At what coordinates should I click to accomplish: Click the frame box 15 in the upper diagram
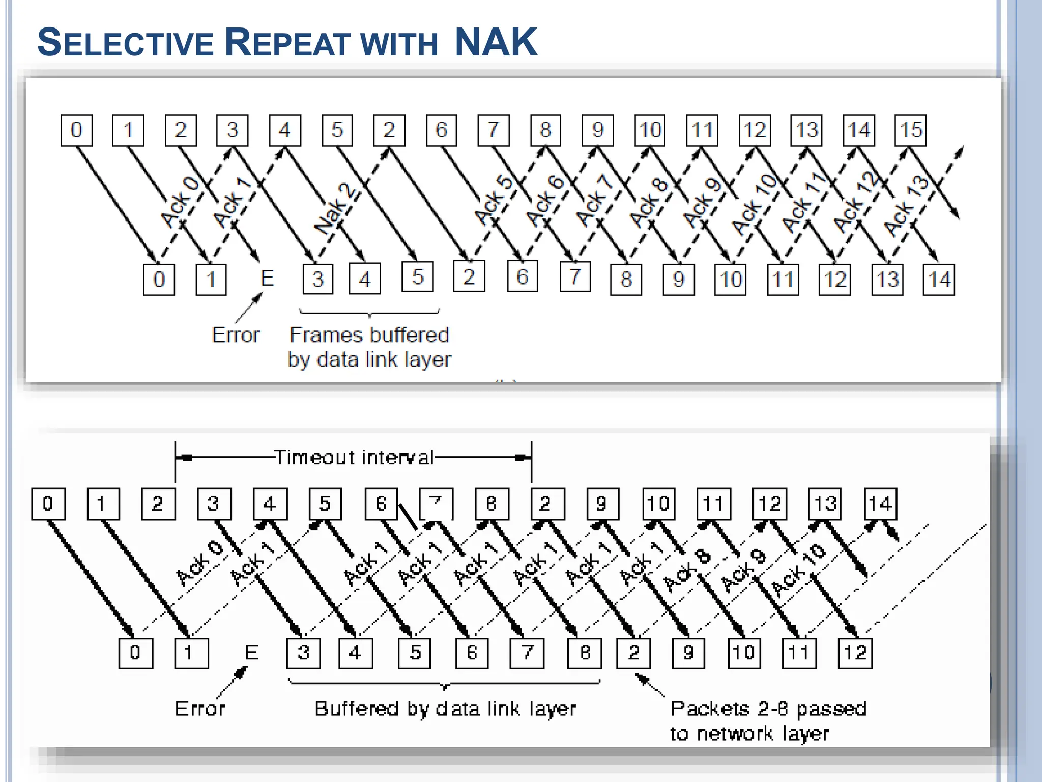point(911,130)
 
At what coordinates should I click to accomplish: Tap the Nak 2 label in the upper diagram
point(334,209)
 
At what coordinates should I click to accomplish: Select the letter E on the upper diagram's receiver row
point(267,278)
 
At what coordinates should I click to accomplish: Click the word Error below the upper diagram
point(236,335)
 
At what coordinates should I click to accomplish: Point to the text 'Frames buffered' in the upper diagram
point(369,335)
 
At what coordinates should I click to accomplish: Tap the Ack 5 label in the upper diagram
point(493,200)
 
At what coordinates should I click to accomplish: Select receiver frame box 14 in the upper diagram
point(939,280)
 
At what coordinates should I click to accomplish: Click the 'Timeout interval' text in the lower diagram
point(354,457)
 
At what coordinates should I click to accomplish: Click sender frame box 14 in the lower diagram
point(880,504)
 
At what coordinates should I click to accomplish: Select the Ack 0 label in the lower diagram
point(199,563)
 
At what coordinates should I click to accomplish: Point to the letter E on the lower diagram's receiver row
point(252,652)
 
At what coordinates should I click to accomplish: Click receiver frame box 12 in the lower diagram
point(855,653)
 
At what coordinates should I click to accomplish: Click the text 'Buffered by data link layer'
point(445,709)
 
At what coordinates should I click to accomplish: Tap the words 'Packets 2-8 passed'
point(768,709)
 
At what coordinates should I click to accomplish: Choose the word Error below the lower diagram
point(199,709)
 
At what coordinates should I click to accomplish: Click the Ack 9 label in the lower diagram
point(743,571)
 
